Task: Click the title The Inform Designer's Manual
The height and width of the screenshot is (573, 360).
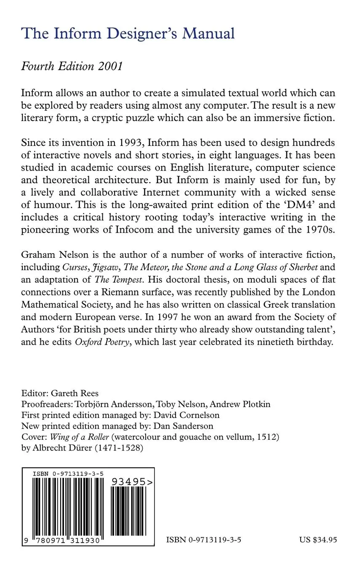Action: [128, 33]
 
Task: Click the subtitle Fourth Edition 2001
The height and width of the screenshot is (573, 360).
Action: [72, 67]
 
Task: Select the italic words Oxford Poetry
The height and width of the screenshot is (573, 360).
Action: [101, 342]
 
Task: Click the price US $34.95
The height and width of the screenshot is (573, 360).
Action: [318, 540]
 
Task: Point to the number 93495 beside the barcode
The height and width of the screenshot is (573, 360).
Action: [131, 482]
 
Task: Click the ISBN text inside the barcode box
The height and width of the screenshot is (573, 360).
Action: [67, 474]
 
